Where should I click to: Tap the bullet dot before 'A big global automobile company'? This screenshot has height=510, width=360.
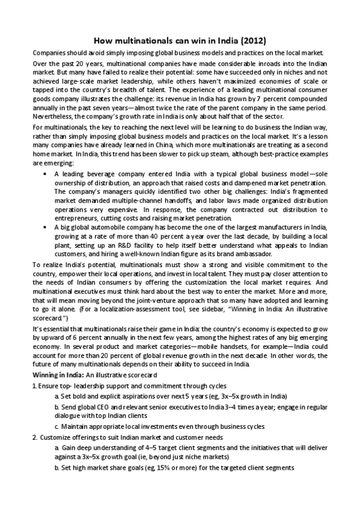[x=46, y=245]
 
